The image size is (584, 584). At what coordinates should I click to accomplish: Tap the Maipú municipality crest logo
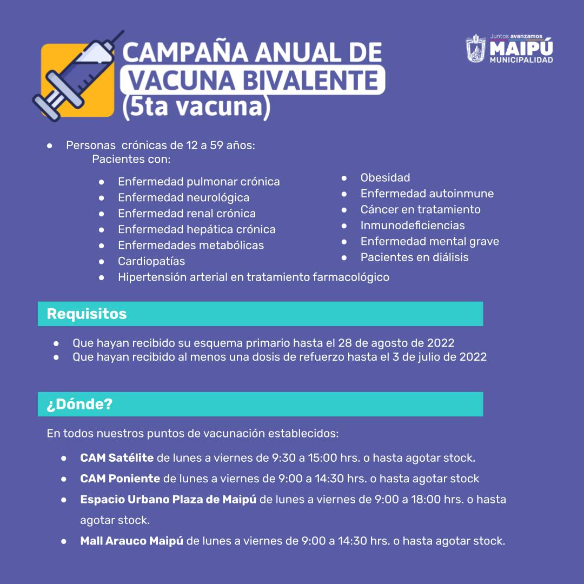476,49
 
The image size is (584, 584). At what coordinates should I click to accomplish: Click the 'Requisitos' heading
87,314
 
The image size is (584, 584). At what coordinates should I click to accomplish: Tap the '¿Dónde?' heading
79,404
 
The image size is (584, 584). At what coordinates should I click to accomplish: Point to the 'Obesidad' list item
385,178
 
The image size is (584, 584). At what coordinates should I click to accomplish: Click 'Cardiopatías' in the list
151,262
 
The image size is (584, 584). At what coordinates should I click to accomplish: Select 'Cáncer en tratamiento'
420,209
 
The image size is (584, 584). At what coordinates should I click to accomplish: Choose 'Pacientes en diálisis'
414,257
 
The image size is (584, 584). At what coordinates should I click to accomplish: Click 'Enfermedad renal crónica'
187,214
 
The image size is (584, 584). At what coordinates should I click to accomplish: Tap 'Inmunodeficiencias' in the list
413,225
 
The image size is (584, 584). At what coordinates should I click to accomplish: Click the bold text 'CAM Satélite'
117,458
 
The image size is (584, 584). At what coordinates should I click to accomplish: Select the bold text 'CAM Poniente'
120,479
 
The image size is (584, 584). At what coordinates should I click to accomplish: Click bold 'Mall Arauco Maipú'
131,541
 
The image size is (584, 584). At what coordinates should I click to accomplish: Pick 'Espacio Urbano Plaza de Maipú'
168,500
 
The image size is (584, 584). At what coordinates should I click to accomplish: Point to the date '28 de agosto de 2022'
396,343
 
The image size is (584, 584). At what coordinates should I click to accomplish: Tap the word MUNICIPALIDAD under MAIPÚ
521,60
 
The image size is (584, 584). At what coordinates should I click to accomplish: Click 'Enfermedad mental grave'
429,242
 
